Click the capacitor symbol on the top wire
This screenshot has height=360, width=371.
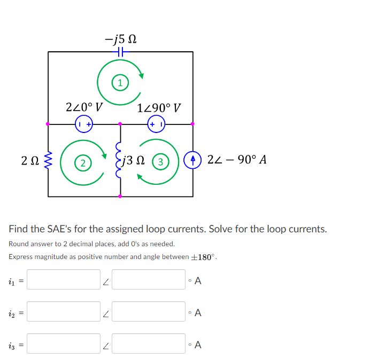point(120,52)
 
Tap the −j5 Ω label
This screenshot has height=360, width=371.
point(121,39)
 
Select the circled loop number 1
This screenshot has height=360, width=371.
point(121,83)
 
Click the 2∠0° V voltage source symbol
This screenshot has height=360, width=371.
point(84,124)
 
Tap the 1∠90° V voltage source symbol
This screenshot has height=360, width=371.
point(156,124)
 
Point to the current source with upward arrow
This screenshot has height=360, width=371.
point(192,160)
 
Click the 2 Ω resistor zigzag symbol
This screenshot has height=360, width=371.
point(49,160)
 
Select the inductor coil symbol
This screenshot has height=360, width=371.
point(120,160)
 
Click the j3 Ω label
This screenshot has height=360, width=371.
point(135,160)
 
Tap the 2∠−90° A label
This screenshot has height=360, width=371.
point(236,160)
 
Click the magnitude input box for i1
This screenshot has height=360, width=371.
point(64,279)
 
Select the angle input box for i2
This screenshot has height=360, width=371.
point(149,311)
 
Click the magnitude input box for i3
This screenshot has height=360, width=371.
point(64,343)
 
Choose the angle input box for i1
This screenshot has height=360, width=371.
point(149,279)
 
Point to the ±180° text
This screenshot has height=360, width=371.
point(203,257)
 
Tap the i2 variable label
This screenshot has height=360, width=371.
point(12,312)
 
